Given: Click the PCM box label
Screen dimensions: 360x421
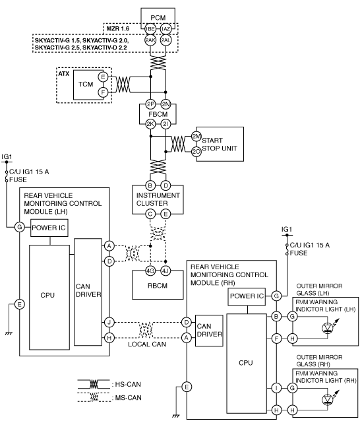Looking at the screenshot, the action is pyautogui.click(x=158, y=18).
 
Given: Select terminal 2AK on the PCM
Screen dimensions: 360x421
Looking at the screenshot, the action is pyautogui.click(x=150, y=40).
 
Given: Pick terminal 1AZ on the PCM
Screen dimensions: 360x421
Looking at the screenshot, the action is pyautogui.click(x=165, y=29).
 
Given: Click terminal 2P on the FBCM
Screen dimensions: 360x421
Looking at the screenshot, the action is pyautogui.click(x=150, y=104).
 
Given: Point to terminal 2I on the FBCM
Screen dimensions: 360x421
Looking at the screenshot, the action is pyautogui.click(x=165, y=124).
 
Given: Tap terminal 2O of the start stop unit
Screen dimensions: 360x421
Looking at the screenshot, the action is pyautogui.click(x=196, y=152).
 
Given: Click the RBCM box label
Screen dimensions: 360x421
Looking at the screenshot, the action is pyautogui.click(x=158, y=286).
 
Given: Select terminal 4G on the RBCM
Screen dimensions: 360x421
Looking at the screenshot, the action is pyautogui.click(x=150, y=271).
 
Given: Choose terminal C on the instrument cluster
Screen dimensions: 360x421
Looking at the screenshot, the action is pyautogui.click(x=150, y=214).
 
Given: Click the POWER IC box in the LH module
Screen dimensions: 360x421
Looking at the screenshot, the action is pyautogui.click(x=49, y=228).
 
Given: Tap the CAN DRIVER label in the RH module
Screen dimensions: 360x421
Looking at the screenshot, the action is pyautogui.click(x=210, y=330).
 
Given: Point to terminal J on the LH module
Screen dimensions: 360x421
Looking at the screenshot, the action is pyautogui.click(x=109, y=322).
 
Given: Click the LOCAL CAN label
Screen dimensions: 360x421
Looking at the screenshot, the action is pyautogui.click(x=147, y=344).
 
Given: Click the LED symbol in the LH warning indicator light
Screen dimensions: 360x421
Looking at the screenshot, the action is pyautogui.click(x=328, y=328).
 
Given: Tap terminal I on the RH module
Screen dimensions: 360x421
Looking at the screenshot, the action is pyautogui.click(x=276, y=388).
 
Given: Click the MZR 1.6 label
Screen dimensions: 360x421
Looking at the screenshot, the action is pyautogui.click(x=118, y=29).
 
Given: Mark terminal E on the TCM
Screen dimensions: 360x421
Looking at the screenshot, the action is pyautogui.click(x=103, y=77).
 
